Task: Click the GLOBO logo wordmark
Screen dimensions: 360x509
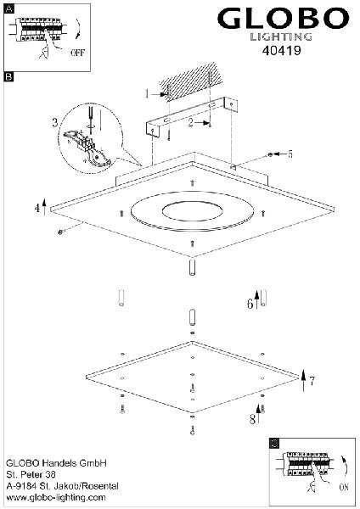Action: point(283,19)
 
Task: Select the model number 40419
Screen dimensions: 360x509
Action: point(281,50)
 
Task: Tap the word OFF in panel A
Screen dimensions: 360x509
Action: point(77,53)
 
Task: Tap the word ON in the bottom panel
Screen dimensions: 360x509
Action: point(343,487)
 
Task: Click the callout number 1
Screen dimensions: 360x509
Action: point(147,94)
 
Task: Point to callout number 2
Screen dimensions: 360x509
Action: point(191,122)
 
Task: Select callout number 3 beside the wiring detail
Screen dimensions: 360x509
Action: point(55,122)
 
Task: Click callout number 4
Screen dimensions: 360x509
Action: point(37,208)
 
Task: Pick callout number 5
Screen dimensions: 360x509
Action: point(290,154)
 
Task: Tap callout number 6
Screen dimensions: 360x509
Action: point(250,304)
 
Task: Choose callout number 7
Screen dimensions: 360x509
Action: point(312,381)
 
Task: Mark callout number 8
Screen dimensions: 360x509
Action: point(252,419)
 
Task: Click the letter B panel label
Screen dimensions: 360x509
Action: point(8,76)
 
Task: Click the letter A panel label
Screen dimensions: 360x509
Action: point(9,9)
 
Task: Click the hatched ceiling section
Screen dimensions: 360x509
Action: point(192,81)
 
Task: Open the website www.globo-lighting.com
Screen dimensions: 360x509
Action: point(56,498)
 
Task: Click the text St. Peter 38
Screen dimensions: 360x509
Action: point(31,474)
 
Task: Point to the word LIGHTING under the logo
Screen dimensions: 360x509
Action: point(281,36)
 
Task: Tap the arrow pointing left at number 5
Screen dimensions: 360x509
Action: point(279,154)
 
